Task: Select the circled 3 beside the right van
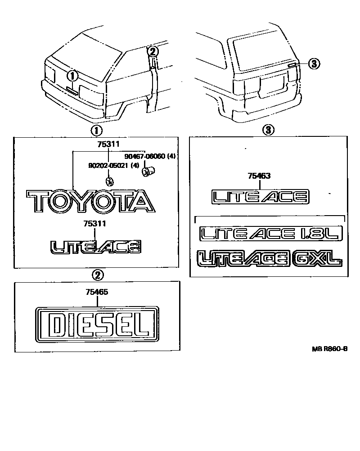tap(314, 64)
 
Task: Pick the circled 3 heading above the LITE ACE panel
tap(268, 131)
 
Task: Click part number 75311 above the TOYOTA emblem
tap(108, 144)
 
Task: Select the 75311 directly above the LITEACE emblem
tap(95, 223)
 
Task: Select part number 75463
tap(258, 176)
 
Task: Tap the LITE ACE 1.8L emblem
tap(271, 234)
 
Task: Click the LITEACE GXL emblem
tap(269, 259)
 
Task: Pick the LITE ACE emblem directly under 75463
tap(260, 196)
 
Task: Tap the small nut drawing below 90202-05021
tap(109, 181)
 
